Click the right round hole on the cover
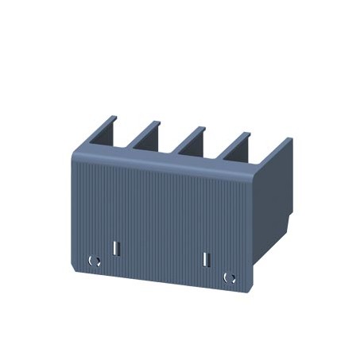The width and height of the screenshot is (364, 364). (x=230, y=277)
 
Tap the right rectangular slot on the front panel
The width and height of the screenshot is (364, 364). (x=206, y=259)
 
